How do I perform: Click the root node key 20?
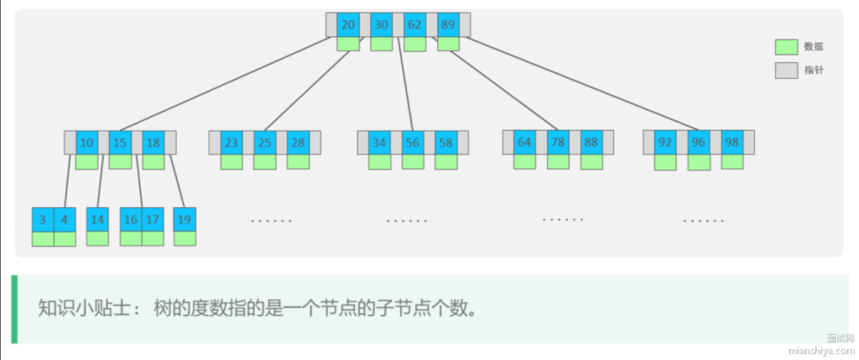click(348, 24)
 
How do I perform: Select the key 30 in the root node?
click(382, 24)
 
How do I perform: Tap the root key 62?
click(414, 24)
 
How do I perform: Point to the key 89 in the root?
click(448, 24)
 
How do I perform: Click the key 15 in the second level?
click(120, 142)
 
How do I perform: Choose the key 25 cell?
click(265, 142)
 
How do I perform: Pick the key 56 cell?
click(413, 142)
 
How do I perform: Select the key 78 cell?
click(558, 142)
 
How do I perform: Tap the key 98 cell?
click(731, 142)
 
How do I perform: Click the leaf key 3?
click(43, 220)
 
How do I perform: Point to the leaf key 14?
click(97, 220)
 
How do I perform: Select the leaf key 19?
click(185, 220)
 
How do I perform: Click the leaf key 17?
click(152, 220)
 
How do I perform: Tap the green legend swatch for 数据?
click(786, 47)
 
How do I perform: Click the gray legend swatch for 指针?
click(786, 70)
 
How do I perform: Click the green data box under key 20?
click(348, 44)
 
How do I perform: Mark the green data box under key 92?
click(665, 162)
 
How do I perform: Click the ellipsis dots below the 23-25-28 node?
click(271, 221)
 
